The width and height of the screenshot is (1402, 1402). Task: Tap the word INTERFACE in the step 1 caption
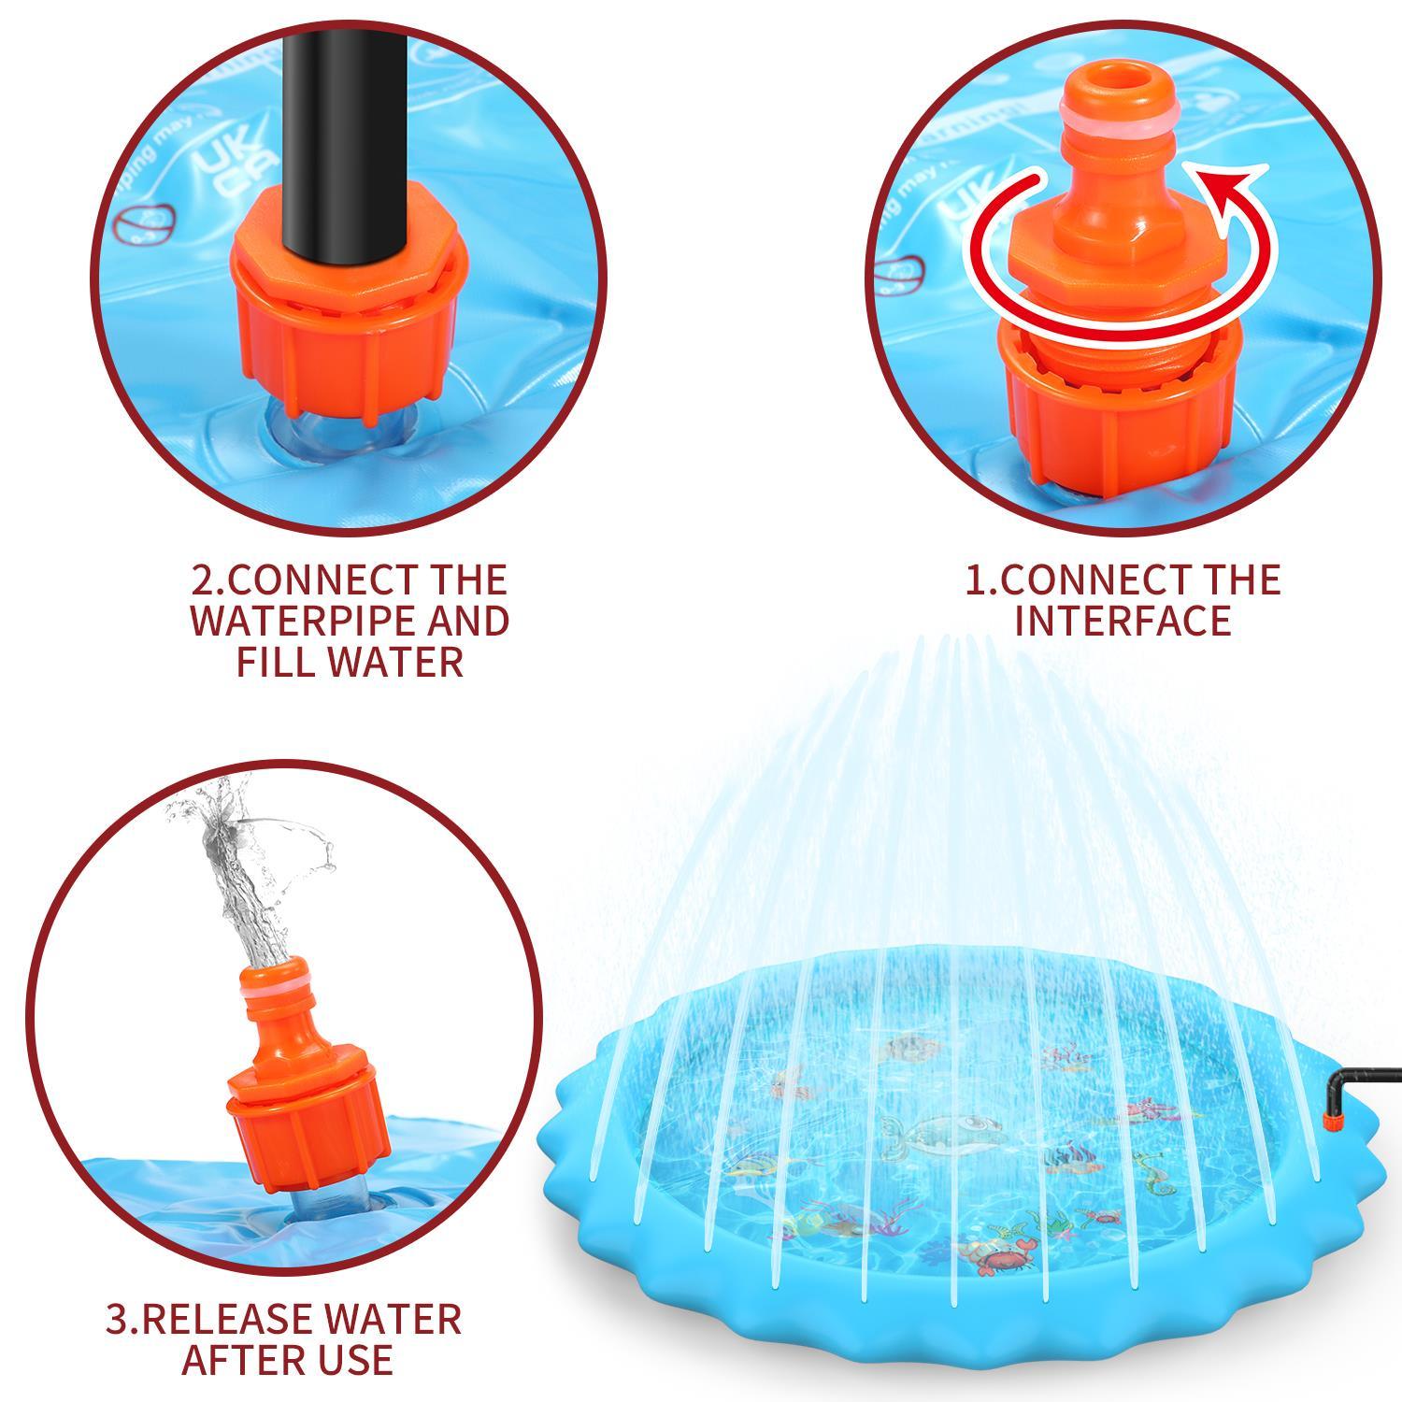(1123, 622)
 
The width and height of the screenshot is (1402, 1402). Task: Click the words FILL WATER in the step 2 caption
(350, 663)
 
